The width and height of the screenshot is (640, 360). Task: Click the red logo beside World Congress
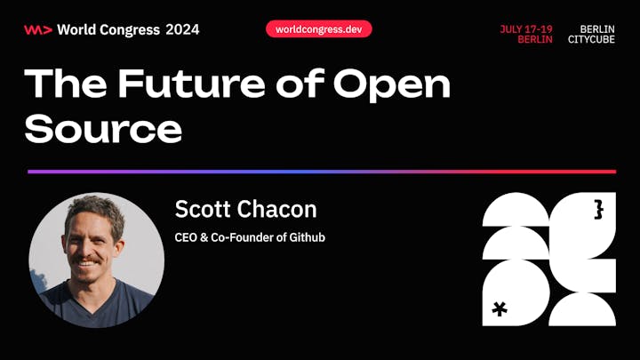point(38,30)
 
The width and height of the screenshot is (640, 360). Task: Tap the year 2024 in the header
point(182,30)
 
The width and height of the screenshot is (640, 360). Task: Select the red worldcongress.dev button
point(319,29)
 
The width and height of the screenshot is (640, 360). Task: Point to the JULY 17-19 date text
point(526,29)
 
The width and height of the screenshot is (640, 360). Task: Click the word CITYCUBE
point(591,40)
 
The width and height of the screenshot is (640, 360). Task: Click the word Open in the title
point(392,85)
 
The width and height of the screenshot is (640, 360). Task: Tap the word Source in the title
point(103,128)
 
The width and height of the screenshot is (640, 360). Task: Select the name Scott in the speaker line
point(203,209)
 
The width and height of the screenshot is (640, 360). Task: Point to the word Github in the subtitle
point(308,237)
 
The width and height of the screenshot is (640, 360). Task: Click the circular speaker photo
point(97,260)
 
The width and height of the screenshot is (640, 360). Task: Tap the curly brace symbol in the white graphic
point(598,210)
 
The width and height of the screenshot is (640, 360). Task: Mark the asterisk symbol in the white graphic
point(500,309)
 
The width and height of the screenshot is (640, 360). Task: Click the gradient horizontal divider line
point(322,172)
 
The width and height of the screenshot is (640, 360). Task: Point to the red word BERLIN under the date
point(535,40)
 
